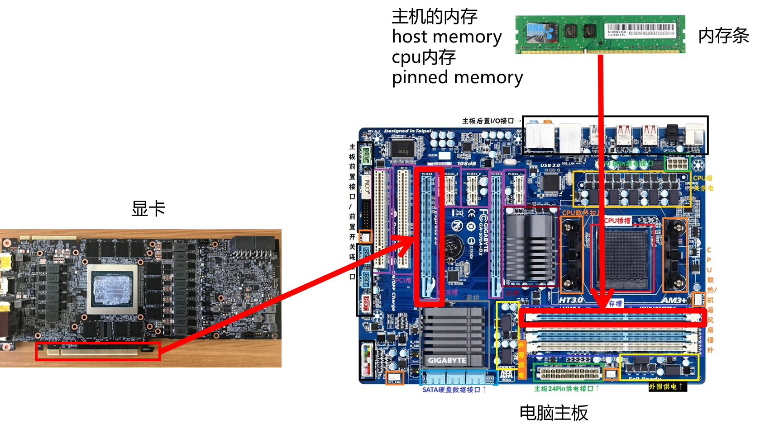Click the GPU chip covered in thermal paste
tap(112, 288)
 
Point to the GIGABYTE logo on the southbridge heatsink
tap(447, 360)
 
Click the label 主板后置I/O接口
tap(488, 121)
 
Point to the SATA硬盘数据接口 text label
tap(451, 389)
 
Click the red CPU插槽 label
tap(617, 220)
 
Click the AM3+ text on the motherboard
tap(674, 300)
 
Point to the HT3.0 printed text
tap(571, 300)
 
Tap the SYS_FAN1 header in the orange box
tap(395, 377)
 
